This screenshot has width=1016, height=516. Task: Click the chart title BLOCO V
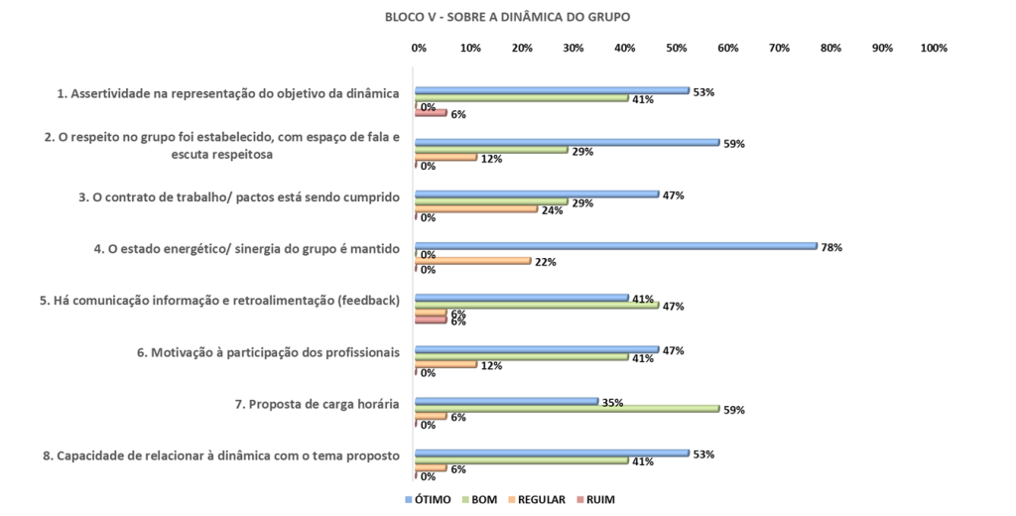coord(507,17)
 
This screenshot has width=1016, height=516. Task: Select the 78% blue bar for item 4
coord(615,246)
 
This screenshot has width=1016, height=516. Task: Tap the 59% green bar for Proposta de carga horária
coord(567,408)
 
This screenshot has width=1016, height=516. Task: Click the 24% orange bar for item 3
coord(476,209)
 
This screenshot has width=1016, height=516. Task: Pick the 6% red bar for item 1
coord(432,113)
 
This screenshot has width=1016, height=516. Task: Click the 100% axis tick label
coord(934,48)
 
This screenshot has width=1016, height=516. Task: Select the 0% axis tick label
coord(419,48)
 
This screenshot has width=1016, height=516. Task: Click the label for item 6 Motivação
coord(268,352)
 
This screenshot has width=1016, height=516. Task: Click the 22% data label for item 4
coord(545,262)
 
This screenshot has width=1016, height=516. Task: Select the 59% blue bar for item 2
coord(567,143)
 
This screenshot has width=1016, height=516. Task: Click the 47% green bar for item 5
coord(537,305)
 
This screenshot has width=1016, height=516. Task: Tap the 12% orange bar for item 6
coord(446,364)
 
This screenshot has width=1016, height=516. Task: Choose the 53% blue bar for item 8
coord(552,452)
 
